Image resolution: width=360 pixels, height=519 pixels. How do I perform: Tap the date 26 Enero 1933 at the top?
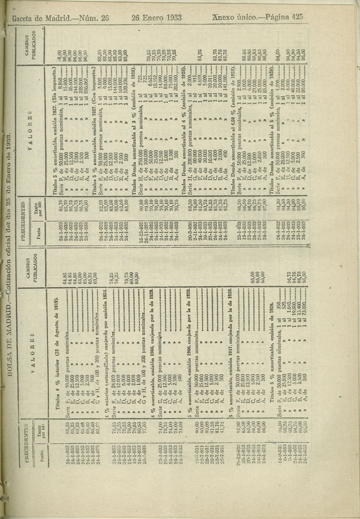tap(157, 18)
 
